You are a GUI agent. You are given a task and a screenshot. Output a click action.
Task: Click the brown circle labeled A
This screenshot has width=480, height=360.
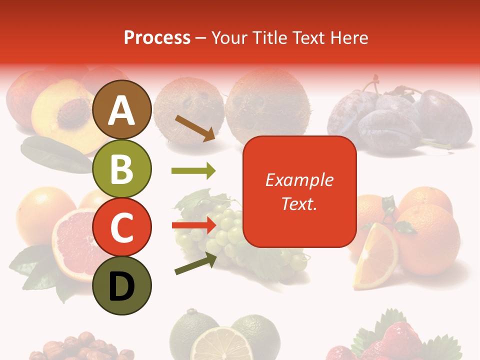[x=121, y=109]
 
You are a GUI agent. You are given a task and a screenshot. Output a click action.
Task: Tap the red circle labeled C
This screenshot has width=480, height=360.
[x=121, y=227]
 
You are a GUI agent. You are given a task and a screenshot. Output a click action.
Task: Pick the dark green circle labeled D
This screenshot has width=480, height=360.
[x=121, y=286]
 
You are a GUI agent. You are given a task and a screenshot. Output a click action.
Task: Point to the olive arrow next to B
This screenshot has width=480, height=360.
[x=193, y=171]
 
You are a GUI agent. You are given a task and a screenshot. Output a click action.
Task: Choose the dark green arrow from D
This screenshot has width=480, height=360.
[x=195, y=263]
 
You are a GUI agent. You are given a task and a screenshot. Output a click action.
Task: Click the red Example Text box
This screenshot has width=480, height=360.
[x=299, y=191]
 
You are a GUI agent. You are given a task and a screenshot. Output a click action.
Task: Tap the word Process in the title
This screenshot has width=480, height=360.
[x=157, y=37]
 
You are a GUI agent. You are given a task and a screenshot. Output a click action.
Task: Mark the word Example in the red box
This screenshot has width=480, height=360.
[x=299, y=180]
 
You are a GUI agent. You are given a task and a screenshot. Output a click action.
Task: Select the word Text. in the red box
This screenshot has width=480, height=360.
[x=299, y=203]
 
